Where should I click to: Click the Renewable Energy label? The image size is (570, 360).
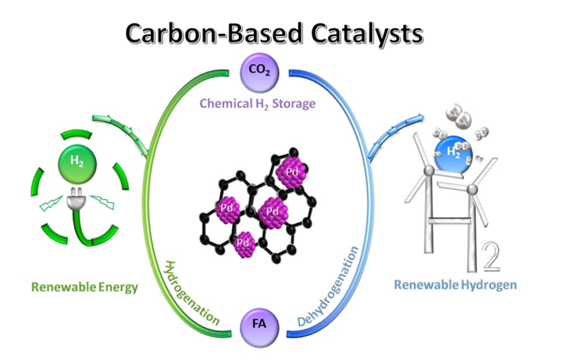point(84,287)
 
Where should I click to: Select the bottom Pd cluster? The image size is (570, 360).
point(244,244)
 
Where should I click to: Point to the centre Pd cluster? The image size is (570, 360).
point(272,209)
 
